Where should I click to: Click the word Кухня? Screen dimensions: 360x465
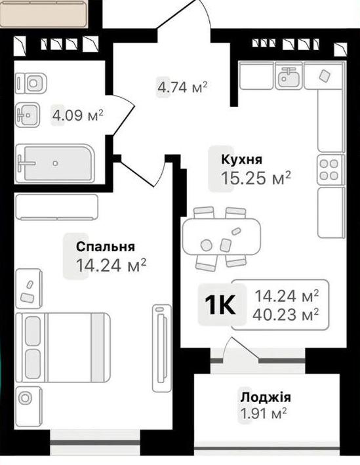(x=242, y=159)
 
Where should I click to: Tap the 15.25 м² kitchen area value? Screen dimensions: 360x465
(x=256, y=178)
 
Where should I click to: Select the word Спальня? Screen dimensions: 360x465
(x=106, y=247)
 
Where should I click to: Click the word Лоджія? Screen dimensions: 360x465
(x=266, y=397)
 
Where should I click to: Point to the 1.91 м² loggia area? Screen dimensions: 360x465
(x=264, y=414)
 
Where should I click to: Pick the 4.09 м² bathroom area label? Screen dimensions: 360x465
(x=77, y=115)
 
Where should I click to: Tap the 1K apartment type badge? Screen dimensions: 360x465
(x=220, y=305)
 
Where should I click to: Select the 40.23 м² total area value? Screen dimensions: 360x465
(x=285, y=314)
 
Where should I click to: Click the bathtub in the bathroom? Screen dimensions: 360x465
(x=55, y=163)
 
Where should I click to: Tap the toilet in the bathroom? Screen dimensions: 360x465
(x=31, y=83)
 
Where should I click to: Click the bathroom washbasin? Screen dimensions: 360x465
(x=28, y=115)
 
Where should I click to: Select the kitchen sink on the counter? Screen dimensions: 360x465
(x=289, y=75)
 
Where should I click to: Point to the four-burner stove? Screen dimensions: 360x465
(x=329, y=170)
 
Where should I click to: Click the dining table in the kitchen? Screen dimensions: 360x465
(x=222, y=236)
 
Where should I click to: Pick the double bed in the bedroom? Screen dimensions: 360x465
(x=63, y=347)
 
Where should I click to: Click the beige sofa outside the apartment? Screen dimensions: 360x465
(x=43, y=14)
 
